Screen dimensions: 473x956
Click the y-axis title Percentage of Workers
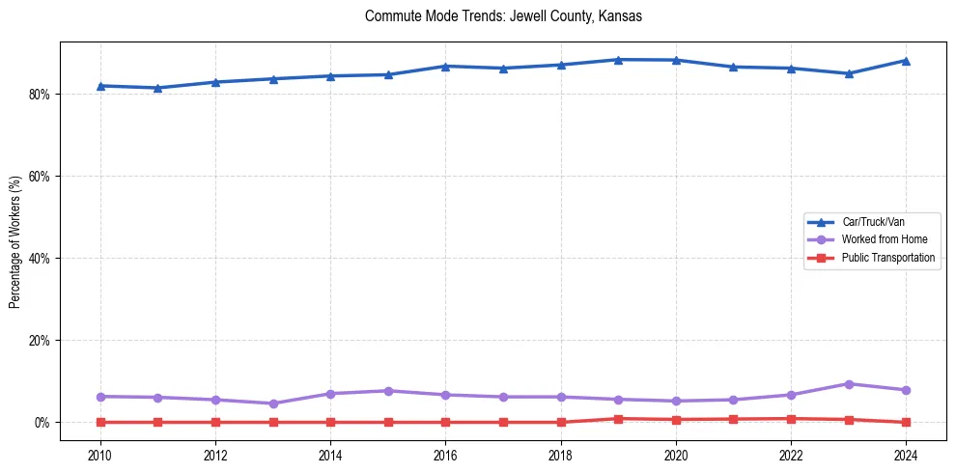tap(14, 241)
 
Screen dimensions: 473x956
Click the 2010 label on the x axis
tap(99, 454)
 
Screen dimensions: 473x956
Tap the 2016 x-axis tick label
tap(445, 454)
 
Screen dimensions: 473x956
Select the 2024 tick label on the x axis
tap(906, 454)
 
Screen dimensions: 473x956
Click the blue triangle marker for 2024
tap(906, 61)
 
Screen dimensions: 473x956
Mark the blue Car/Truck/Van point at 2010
tap(99, 86)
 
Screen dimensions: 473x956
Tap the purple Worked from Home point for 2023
tap(849, 384)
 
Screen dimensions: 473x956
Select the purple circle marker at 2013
tap(273, 403)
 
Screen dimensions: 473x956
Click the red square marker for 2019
tap(618, 419)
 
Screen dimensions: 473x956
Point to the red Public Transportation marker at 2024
tap(906, 422)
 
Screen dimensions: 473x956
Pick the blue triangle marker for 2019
tap(618, 60)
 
